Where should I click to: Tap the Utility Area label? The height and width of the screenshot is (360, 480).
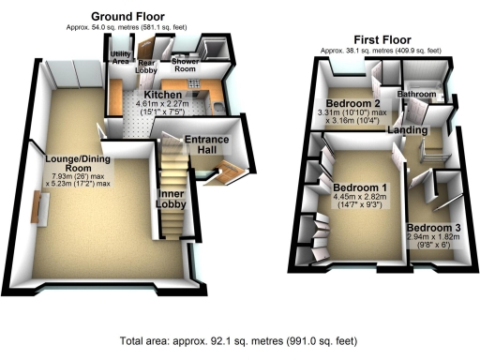(121, 61)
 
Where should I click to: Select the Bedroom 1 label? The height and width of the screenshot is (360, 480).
(360, 187)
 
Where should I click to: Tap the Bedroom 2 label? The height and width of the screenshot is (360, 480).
(352, 102)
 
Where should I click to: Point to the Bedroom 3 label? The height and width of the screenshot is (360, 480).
(434, 228)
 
